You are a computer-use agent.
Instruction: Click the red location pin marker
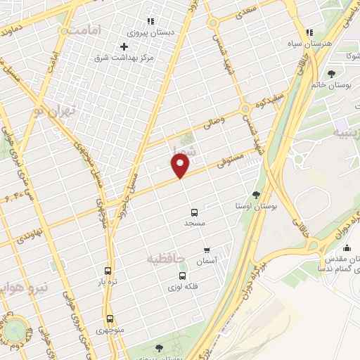[x=181, y=165]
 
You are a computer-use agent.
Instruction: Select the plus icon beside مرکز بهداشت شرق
[x=124, y=46]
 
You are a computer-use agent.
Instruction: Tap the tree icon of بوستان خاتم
[x=331, y=74]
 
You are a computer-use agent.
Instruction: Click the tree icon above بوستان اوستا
[x=256, y=195]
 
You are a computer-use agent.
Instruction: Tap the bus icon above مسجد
[x=194, y=212]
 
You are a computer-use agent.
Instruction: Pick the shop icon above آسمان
[x=207, y=250]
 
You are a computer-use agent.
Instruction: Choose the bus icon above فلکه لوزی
[x=183, y=276]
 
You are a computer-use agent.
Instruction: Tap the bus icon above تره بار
[x=108, y=271]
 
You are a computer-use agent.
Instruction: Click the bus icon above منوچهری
[x=110, y=318]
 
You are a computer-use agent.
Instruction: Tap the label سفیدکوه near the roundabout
[x=270, y=102]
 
